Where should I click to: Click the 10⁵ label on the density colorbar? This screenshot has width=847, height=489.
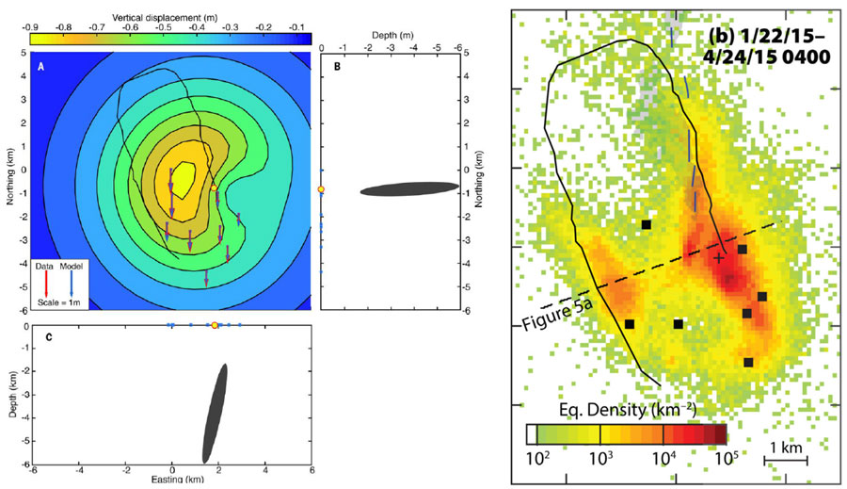[x=727, y=459]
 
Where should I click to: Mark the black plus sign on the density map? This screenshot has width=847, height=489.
[x=719, y=256]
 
